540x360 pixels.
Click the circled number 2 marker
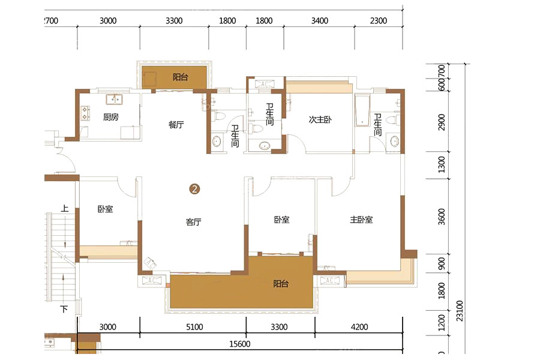194,189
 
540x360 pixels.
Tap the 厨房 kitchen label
111,117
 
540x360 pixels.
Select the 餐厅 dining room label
176,124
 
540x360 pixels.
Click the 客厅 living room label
194,222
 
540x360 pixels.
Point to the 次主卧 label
320,119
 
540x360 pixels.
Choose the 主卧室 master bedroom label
361,220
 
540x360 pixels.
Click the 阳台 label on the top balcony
180,77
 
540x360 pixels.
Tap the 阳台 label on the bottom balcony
281,284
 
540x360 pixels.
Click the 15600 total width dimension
239,344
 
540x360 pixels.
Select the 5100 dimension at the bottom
194,327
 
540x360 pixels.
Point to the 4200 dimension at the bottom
359,327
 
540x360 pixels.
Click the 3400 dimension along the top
320,20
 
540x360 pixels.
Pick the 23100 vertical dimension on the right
460,311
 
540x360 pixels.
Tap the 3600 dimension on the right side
442,217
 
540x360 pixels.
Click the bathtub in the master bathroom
362,110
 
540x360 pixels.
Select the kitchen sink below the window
114,100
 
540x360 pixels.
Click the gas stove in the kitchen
85,113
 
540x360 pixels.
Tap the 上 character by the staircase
65,208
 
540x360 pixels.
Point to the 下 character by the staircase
64,309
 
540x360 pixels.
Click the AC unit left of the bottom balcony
152,280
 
